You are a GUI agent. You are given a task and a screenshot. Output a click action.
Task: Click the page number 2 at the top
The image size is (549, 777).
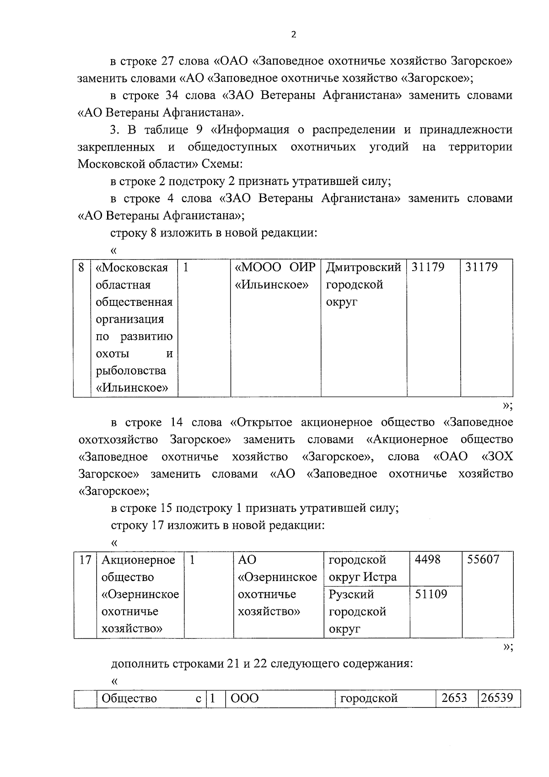(x=293, y=35)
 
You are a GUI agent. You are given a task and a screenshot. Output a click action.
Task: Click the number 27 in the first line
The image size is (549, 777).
(x=168, y=61)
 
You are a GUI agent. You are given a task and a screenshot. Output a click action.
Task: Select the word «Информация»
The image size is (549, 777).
(x=253, y=130)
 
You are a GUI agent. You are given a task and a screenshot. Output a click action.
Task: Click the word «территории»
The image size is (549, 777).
(x=480, y=147)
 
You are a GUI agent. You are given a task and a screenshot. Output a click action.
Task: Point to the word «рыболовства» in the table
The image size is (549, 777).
(x=131, y=371)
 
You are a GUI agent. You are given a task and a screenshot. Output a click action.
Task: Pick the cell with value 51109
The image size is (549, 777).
(x=431, y=594)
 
